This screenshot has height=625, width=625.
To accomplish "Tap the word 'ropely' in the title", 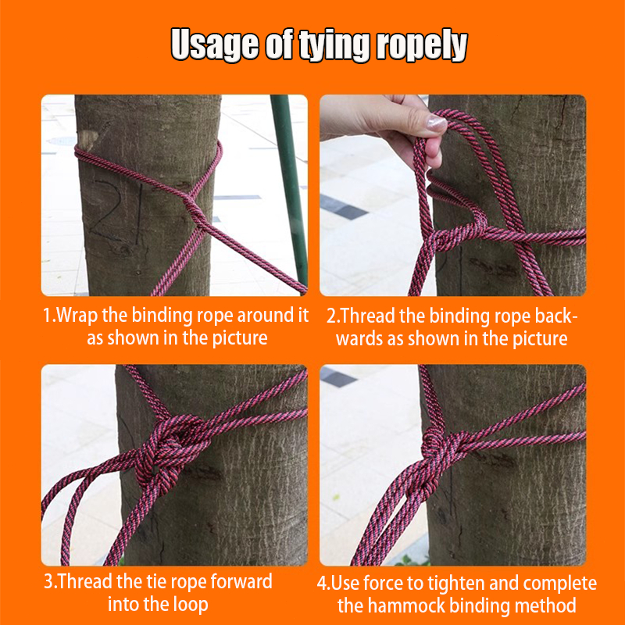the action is pyautogui.click(x=422, y=45).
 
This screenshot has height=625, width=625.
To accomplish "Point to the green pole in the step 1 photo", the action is pyautogui.click(x=290, y=187).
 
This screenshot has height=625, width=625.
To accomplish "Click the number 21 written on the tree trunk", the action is pyautogui.click(x=116, y=211).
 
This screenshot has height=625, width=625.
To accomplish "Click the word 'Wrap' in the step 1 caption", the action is pyautogui.click(x=77, y=316).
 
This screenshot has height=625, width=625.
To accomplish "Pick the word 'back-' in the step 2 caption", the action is pyautogui.click(x=556, y=316).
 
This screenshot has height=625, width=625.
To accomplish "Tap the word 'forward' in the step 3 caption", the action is pyautogui.click(x=241, y=581).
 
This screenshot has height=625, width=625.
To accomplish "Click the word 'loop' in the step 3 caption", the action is pyautogui.click(x=191, y=604).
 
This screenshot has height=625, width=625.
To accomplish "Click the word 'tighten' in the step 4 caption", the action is pyautogui.click(x=457, y=583).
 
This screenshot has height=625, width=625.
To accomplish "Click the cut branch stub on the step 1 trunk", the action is pyautogui.click(x=87, y=140).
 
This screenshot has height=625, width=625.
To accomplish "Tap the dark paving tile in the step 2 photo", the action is pyautogui.click(x=344, y=207).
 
